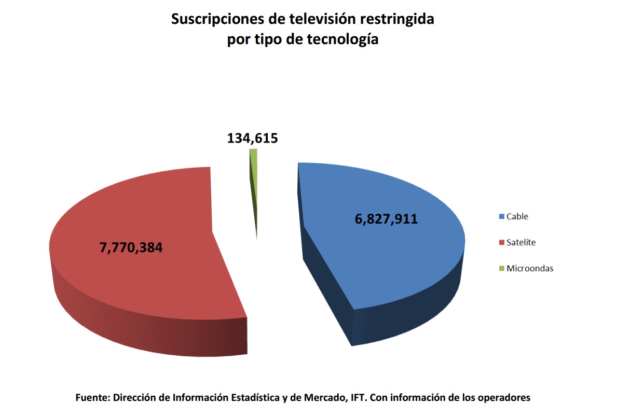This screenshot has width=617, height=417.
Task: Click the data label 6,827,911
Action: tap(386, 219)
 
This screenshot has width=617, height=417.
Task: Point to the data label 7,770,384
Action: tap(131, 247)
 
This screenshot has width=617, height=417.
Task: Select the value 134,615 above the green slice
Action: tap(253, 138)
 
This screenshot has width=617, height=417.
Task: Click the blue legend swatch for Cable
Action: tap(501, 216)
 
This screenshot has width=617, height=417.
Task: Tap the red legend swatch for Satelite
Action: tap(501, 242)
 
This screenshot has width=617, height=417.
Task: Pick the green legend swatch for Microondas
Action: tap(501, 268)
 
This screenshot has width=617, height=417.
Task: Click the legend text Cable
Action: tap(517, 216)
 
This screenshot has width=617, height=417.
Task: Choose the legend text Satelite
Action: tap(521, 242)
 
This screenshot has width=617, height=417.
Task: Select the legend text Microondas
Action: tap(530, 268)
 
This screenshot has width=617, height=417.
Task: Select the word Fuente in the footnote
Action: tap(92, 398)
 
